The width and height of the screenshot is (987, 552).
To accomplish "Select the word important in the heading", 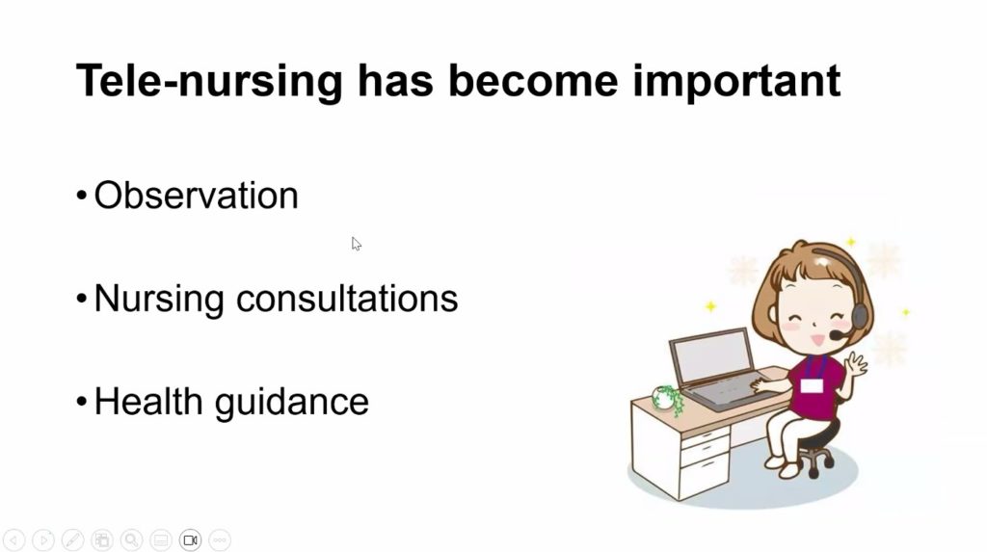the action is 736,81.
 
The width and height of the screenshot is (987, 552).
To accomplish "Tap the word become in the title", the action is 533,80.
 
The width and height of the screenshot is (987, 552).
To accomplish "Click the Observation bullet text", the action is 196,196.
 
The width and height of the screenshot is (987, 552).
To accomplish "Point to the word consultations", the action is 347,298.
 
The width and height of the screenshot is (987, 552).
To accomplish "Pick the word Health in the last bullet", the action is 147,401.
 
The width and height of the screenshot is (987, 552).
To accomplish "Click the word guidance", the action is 291,403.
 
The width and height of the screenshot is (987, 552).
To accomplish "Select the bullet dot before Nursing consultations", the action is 81,299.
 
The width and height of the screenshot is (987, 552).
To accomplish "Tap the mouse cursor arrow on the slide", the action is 357,245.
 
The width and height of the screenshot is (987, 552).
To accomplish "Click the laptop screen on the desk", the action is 712,356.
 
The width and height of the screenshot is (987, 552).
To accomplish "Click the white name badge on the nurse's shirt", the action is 812,385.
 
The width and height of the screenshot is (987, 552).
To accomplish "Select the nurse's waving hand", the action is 856,364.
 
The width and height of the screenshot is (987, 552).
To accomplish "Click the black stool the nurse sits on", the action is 817,448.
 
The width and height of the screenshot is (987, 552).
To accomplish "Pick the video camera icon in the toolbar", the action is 190,540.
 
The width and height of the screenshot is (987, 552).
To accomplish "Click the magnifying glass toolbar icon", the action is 131,540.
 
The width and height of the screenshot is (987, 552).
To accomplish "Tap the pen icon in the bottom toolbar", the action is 73,540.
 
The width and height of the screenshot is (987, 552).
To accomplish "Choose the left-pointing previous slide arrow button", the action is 13,540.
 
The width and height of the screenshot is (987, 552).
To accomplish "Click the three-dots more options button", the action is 220,540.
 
